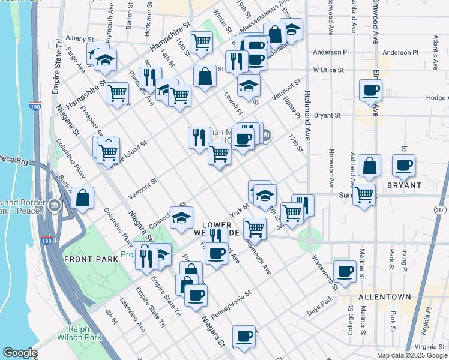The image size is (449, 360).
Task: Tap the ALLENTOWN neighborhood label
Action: click(384, 297)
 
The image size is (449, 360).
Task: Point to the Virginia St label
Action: click(429, 347)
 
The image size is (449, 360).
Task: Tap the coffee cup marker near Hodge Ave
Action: click(370, 91)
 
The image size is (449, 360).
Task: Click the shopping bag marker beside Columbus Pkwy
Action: click(82, 197)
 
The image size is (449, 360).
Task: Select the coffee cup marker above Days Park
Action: click(345, 272)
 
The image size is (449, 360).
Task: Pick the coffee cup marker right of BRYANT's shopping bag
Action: click(403, 165)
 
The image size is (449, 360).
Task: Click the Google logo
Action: click(20, 353)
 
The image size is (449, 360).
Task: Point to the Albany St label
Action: click(77, 38)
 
